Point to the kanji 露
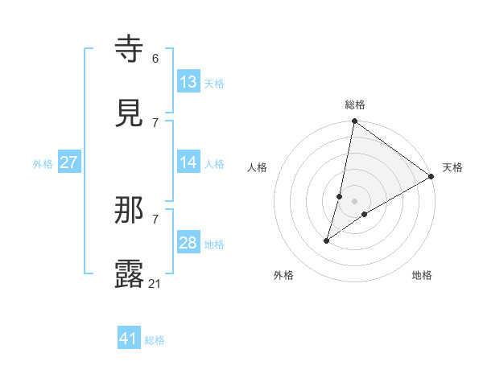point(130,274)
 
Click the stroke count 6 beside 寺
point(155,59)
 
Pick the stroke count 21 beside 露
point(156,283)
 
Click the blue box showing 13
point(188,82)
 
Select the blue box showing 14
point(188,162)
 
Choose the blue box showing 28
point(188,243)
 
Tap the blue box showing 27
point(69,162)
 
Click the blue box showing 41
point(129,339)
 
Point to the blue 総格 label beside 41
point(155,340)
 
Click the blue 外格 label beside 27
point(43,164)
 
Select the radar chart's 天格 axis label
point(452,167)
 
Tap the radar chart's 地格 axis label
point(422,275)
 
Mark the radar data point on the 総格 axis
point(354,122)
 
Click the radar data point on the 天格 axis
point(431,177)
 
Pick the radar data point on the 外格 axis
point(327,240)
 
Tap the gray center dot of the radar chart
point(355,201)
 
